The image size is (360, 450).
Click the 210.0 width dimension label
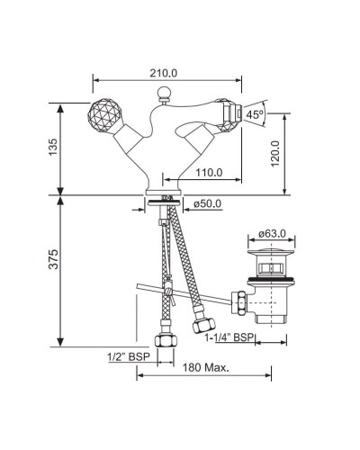(164, 73)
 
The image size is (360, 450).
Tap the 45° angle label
(255, 114)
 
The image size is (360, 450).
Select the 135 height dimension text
(53, 147)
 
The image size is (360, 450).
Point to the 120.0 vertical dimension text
(274, 154)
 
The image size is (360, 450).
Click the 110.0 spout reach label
(209, 173)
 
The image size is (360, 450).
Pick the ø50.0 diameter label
(207, 203)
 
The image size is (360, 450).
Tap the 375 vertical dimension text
(53, 259)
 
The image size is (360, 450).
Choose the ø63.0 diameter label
(272, 233)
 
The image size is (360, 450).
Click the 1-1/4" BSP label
(229, 337)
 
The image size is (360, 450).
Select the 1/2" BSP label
(129, 357)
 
